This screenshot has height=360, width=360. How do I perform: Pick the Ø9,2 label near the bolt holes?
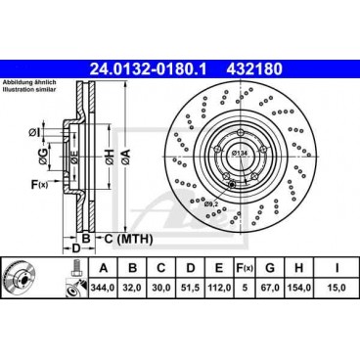point(238,202)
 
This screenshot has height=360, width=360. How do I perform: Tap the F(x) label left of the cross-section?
point(37,183)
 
